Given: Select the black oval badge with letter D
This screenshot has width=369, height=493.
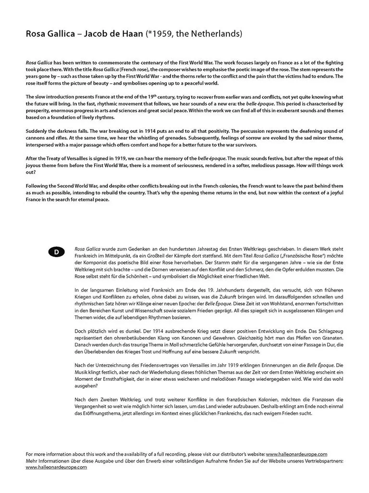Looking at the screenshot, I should pos(56,251).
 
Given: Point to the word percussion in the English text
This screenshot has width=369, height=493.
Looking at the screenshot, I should pos(250,131).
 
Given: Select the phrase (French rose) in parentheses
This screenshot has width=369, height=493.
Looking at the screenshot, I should pos(126,69).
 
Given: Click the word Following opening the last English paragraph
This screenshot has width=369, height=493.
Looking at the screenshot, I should pos(38,185).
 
